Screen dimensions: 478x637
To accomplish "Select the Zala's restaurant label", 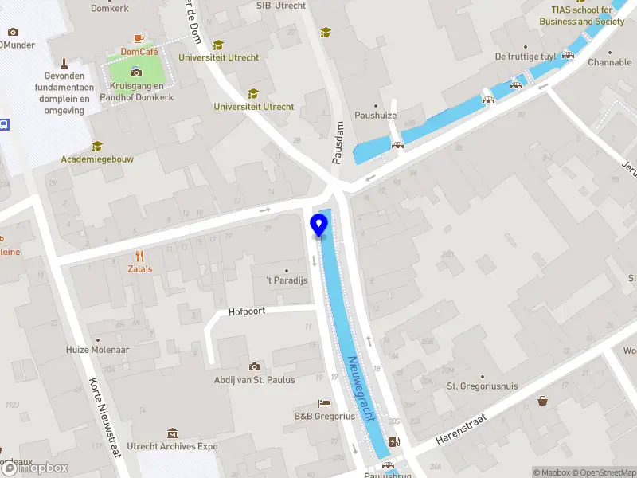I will [x=140, y=268].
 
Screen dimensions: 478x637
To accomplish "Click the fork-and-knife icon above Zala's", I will [x=140, y=256].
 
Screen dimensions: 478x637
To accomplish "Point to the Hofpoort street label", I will [x=246, y=312].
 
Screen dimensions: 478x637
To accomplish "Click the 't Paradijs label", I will [x=285, y=281].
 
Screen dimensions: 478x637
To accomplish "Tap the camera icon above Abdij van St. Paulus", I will [x=254, y=366].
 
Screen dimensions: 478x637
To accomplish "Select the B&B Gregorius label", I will [x=324, y=416].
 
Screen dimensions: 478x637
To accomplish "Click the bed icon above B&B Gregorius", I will [x=324, y=403].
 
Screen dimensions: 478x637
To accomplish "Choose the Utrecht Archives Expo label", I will [x=173, y=446].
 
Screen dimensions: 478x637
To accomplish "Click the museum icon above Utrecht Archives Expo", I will [x=173, y=433].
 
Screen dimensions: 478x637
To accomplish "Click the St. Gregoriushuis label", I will [x=482, y=386].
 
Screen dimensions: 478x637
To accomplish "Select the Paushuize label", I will [x=376, y=116].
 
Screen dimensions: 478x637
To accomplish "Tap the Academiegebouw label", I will [x=97, y=159].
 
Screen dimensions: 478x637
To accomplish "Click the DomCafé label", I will [x=139, y=51].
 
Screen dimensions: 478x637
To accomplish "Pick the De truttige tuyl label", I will [x=526, y=57].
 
